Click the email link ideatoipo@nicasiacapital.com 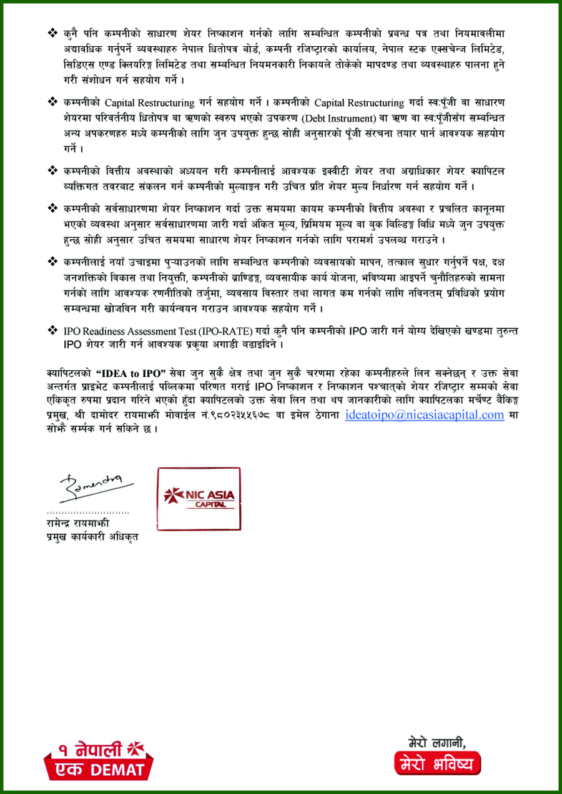click(424, 414)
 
